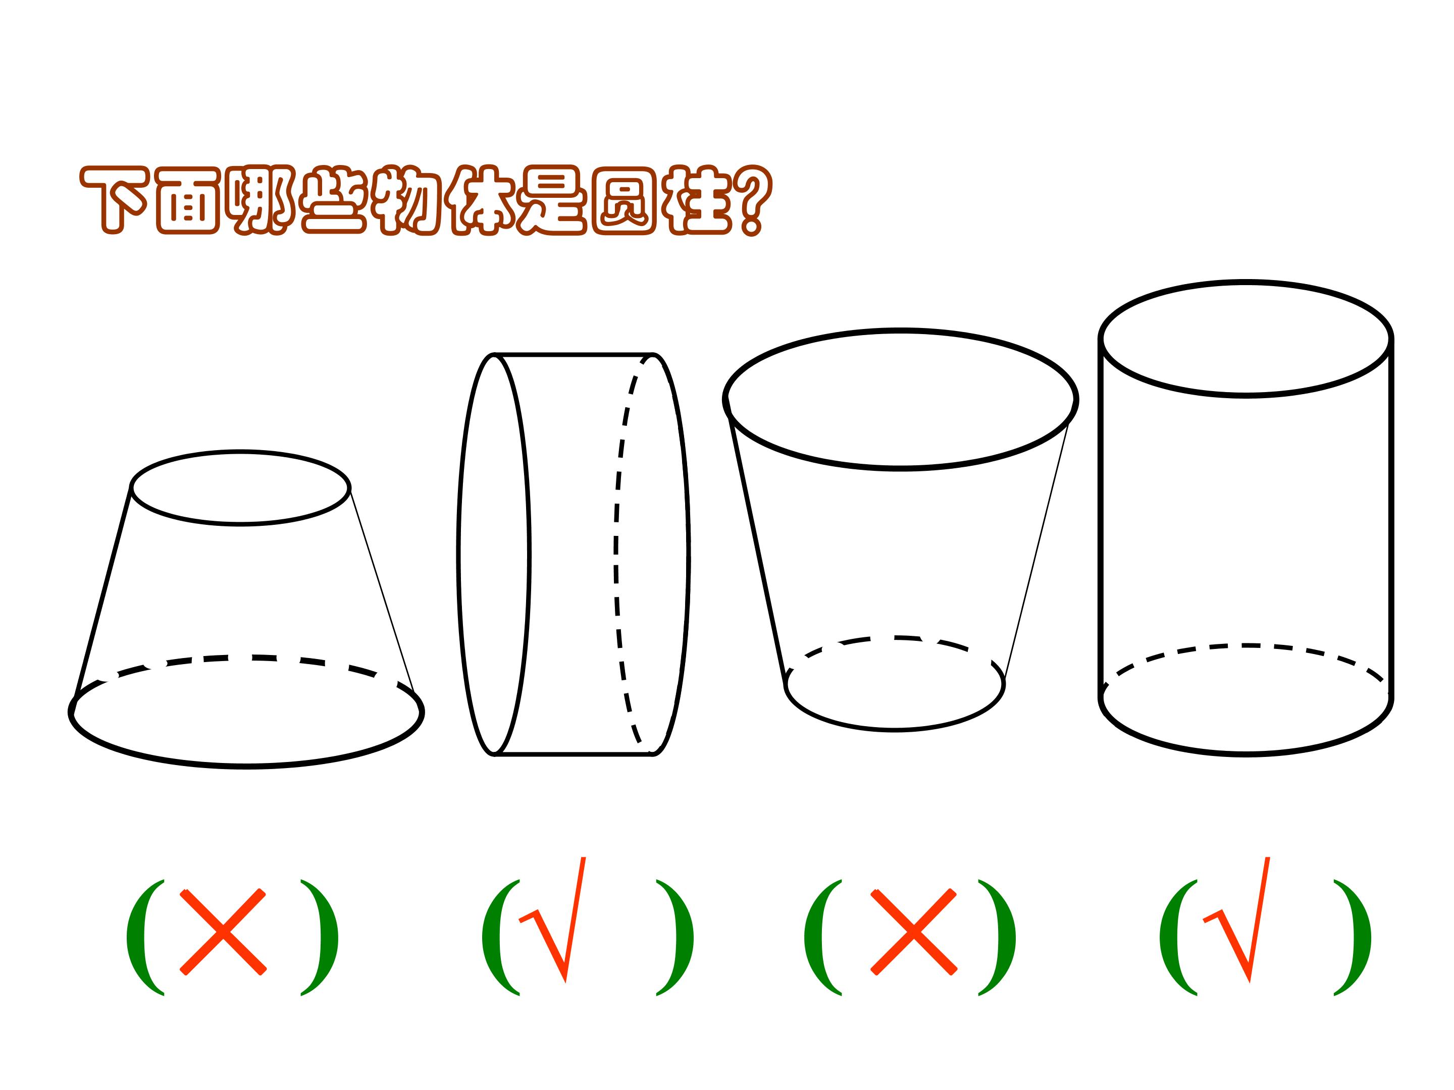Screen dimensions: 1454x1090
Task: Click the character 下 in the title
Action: click(113, 199)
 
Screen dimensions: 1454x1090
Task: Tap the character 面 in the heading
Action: click(187, 199)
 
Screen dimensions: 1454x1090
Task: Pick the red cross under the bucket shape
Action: click(914, 931)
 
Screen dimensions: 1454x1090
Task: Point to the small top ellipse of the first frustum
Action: click(241, 524)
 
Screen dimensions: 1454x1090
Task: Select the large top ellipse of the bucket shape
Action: click(901, 468)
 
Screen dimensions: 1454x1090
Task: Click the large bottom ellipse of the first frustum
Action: click(246, 766)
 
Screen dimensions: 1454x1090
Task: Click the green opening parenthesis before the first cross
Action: click(144, 937)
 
